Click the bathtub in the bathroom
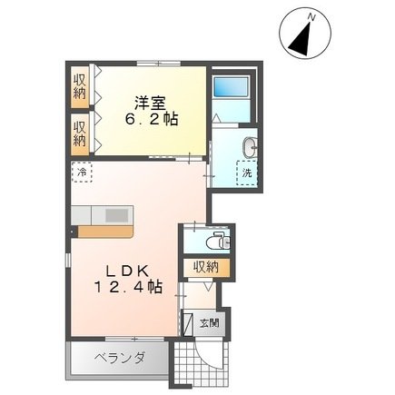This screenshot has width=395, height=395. coord(232,86)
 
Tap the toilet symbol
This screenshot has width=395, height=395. coord(219,240)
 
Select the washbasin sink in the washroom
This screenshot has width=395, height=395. coord(250,147)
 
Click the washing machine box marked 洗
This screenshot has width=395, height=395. coord(248,173)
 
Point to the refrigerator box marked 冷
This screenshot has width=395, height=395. coord(82,173)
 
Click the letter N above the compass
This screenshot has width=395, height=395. coord(311,18)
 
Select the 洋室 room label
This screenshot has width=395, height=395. coord(150,103)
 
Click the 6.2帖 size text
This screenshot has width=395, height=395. coord(152,119)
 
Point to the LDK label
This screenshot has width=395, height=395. coord(126,272)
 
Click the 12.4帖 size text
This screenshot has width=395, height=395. coord(128,287)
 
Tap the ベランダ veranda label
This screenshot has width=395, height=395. coord(119,359)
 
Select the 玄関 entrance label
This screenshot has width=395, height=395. coord(209,323)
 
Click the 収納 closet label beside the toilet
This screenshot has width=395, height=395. coord(206,267)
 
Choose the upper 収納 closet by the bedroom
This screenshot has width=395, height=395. coord(80,87)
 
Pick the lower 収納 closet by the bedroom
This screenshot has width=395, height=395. coord(80,133)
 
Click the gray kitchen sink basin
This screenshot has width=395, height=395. coord(117,215)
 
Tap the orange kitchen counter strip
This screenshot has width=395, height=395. coord(105,232)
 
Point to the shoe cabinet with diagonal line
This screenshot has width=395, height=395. coord(187,323)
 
